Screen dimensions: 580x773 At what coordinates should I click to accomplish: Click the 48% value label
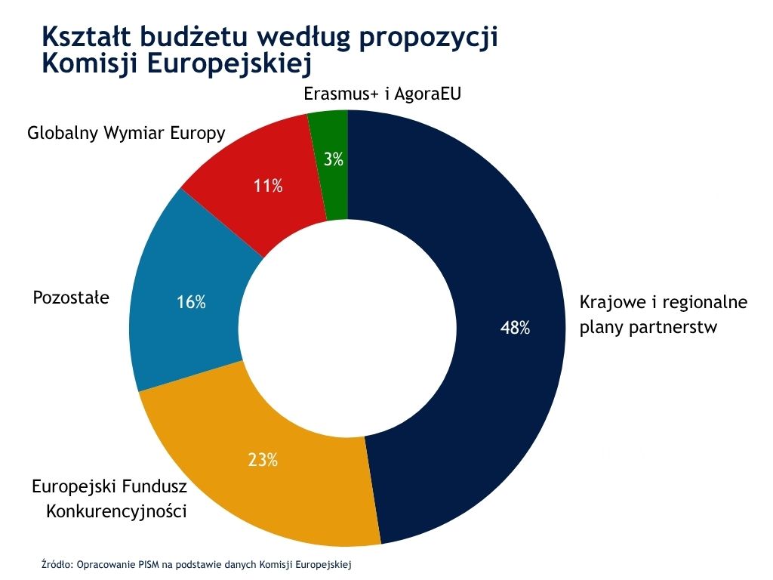[x=515, y=328]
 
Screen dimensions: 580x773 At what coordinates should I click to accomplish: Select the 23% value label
[x=263, y=458]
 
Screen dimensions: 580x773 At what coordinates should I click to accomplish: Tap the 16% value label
[x=191, y=303]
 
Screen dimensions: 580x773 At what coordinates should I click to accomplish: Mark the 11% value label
[x=268, y=186]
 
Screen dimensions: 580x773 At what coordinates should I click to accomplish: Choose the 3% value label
[x=334, y=159]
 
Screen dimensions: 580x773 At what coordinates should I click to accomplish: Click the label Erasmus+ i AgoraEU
[x=381, y=94]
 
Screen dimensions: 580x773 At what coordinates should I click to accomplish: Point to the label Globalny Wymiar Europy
[x=126, y=134]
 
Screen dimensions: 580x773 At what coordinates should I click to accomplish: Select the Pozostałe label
[x=71, y=298]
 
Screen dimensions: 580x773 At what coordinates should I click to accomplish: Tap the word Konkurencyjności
[x=116, y=511]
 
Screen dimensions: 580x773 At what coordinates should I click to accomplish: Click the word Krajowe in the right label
[x=610, y=303]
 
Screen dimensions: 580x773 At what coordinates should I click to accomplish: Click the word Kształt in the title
[x=94, y=36]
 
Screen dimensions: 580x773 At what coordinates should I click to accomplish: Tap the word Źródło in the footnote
[x=57, y=563]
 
